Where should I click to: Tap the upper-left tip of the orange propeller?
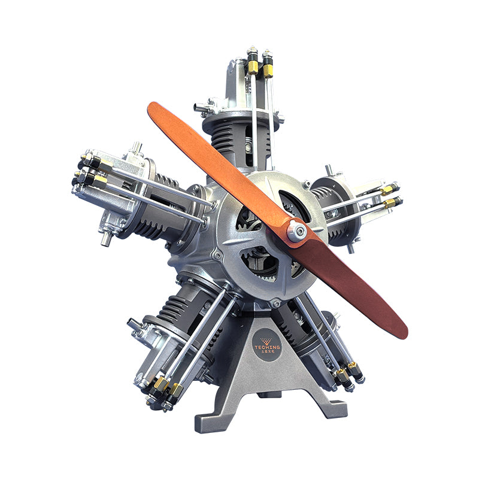pyautogui.click(x=154, y=110)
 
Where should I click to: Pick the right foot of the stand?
pyautogui.click(x=334, y=407)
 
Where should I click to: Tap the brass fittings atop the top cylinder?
pyautogui.click(x=260, y=64)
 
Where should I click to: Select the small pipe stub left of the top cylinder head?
pyautogui.click(x=199, y=108)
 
